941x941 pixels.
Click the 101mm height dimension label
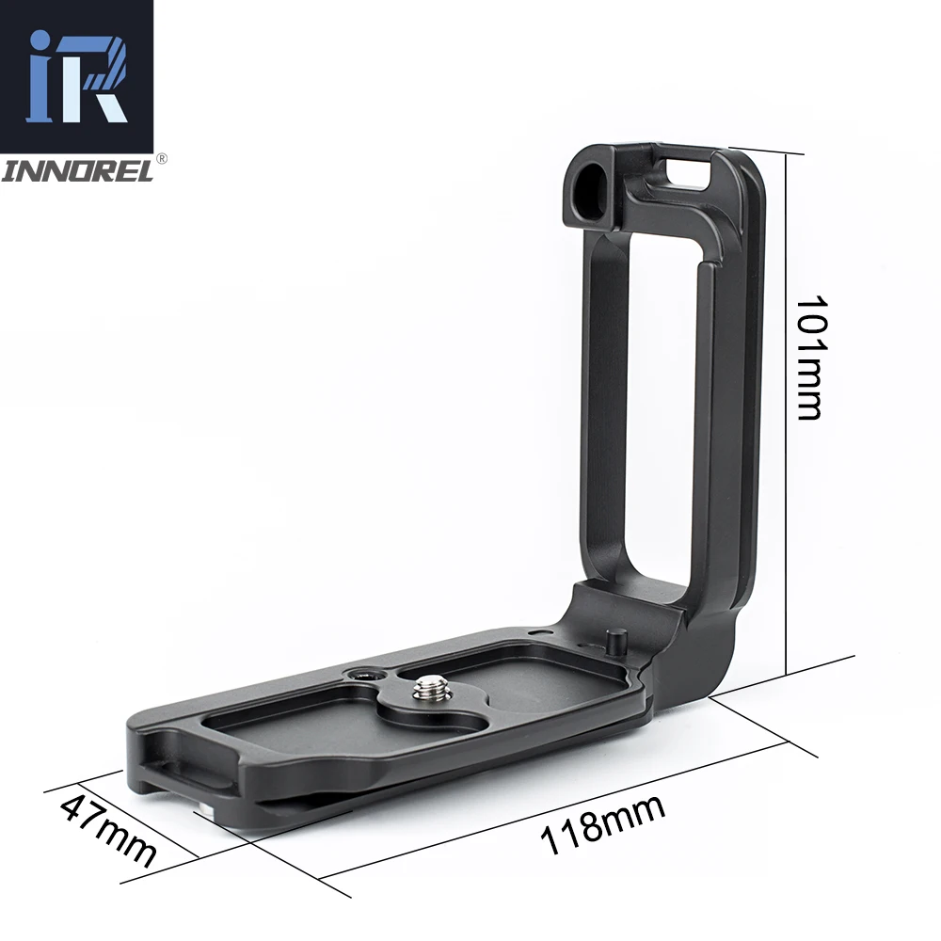807,357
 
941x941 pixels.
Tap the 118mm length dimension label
602,824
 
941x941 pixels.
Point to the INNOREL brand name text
77,172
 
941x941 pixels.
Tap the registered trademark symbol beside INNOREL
162,159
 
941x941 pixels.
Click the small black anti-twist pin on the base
615,642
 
